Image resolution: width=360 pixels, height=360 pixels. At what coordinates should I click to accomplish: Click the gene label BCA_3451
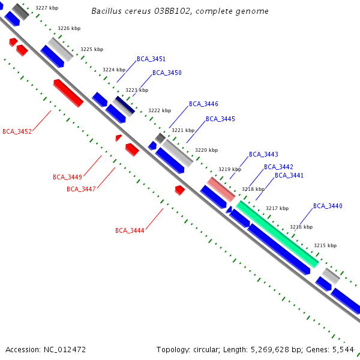(151, 59)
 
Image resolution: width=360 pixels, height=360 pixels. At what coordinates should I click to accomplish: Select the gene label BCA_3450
(167, 73)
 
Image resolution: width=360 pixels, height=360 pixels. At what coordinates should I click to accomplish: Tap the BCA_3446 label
(203, 104)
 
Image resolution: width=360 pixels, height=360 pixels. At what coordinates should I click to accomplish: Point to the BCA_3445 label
(220, 119)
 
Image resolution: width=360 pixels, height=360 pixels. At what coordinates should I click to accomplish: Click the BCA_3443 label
(263, 154)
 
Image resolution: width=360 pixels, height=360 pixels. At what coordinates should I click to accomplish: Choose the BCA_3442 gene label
(278, 167)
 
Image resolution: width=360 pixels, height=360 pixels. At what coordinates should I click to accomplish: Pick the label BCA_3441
(289, 175)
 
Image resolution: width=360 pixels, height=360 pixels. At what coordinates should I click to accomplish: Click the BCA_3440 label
(328, 206)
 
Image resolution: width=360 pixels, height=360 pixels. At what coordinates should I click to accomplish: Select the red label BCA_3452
(17, 131)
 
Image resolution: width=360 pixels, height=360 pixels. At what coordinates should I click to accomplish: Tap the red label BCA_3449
(67, 177)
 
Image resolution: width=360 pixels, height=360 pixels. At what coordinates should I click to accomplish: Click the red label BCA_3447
(81, 189)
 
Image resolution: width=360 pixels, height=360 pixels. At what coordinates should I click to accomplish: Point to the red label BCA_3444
(130, 230)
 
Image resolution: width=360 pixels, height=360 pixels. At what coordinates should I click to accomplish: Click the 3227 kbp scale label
(47, 8)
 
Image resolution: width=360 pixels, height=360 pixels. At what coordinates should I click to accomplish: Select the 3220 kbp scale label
(206, 149)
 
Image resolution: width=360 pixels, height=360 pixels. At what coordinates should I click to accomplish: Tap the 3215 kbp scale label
(325, 245)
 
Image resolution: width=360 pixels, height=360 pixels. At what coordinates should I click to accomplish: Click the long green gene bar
(277, 234)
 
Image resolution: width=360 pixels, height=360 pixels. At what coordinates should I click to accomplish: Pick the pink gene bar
(221, 189)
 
